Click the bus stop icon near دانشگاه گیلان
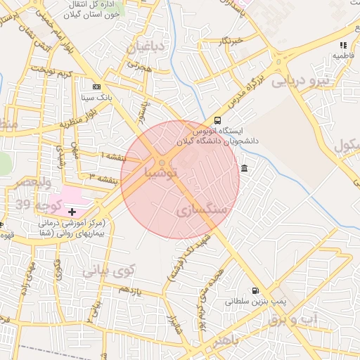point(217,120)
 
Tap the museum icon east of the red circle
point(244,168)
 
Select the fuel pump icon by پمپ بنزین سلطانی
point(255,290)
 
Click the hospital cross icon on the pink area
point(72,211)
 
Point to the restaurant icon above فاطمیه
point(342,45)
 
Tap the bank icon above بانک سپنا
point(96,86)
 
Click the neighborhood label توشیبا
point(162,172)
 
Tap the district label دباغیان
point(146,48)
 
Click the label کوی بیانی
point(106,268)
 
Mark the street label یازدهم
point(129,290)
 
